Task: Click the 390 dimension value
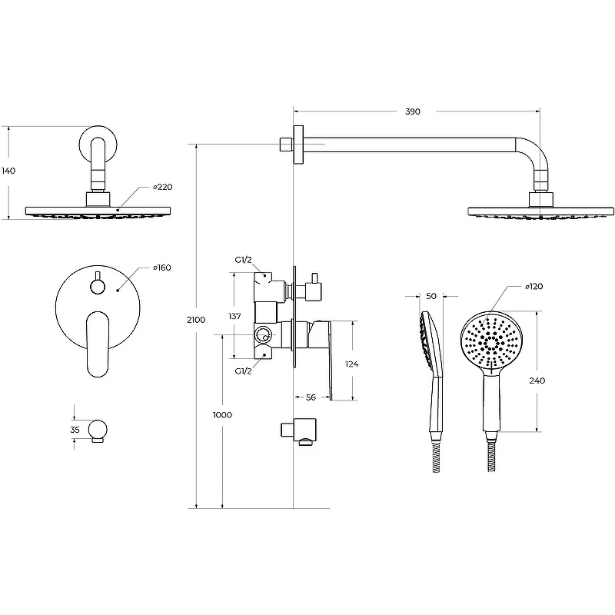coord(413,111)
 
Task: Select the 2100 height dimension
coord(196,320)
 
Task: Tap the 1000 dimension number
coord(222,415)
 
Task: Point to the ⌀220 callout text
coord(163,187)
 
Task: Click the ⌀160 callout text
coord(162,268)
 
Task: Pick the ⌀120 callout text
coord(534,287)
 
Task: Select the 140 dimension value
coord(8,171)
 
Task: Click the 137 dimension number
coord(234,316)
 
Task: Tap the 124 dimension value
coord(352,364)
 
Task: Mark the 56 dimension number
coord(311,397)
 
